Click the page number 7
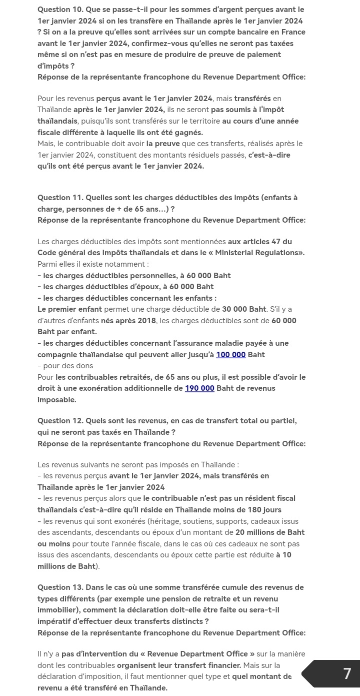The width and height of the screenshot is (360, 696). click(347, 673)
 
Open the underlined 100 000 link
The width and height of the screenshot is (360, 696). click(230, 355)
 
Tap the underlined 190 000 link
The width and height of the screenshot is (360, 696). click(199, 388)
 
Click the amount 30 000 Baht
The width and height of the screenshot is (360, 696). click(244, 309)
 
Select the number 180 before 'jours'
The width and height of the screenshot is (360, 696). click(252, 510)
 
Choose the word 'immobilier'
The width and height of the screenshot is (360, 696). click(57, 610)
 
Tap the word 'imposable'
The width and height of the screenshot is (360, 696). click(56, 400)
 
